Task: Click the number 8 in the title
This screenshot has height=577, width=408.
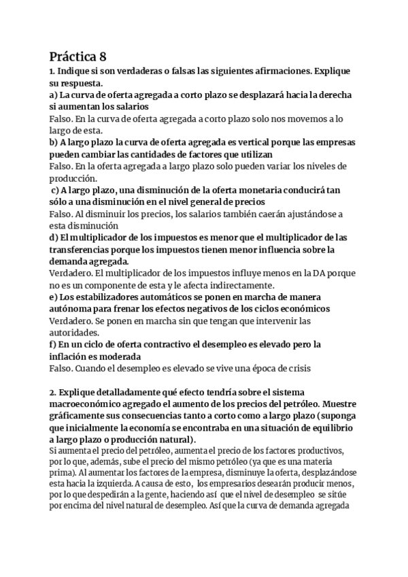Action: pos(103,56)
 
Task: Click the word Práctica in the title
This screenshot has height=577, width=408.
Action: pos(73,56)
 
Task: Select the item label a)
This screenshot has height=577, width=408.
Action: pos(54,95)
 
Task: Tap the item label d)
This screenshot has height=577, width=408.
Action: pos(54,237)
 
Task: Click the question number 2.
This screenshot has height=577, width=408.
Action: pos(52,393)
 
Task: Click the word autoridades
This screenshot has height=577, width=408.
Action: pos(74,333)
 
